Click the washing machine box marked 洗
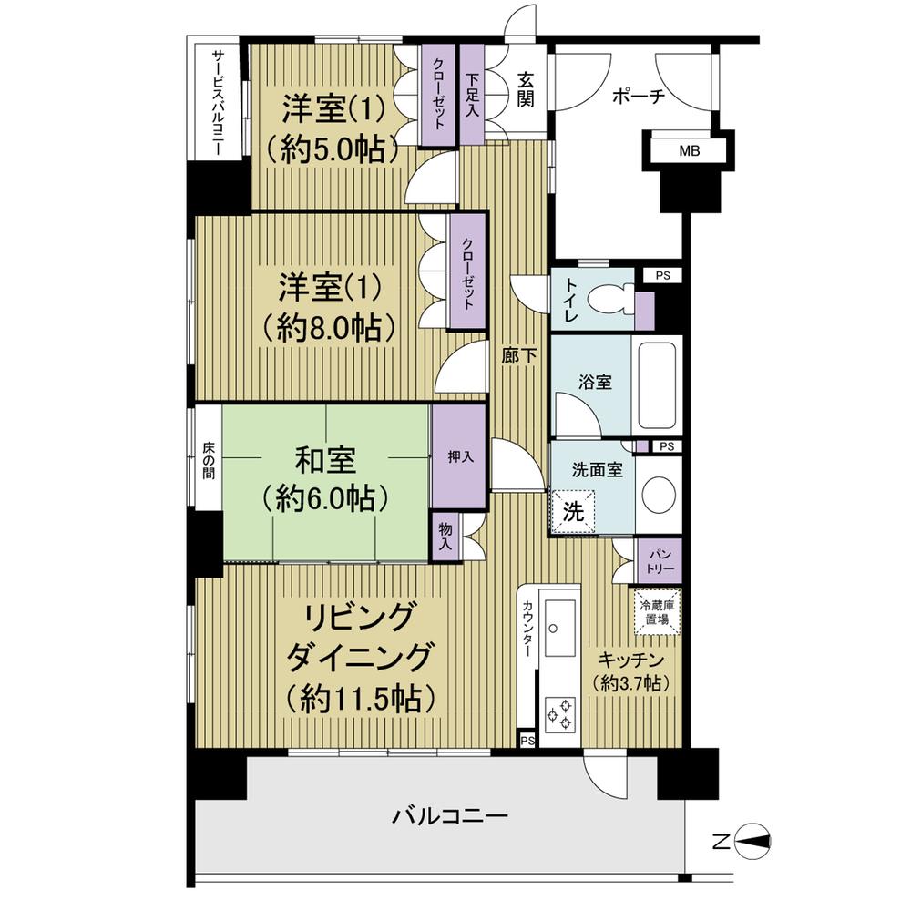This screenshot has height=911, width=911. (x=571, y=509)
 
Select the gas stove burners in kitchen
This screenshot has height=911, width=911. (x=558, y=711)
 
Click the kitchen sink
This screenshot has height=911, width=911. (x=557, y=619)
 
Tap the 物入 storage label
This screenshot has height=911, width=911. (x=445, y=536)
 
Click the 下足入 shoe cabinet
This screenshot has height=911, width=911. (x=472, y=95)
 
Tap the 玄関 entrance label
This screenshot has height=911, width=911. (x=527, y=89)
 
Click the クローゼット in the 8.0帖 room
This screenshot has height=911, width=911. (x=466, y=272)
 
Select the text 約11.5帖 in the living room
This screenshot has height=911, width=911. (x=359, y=698)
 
